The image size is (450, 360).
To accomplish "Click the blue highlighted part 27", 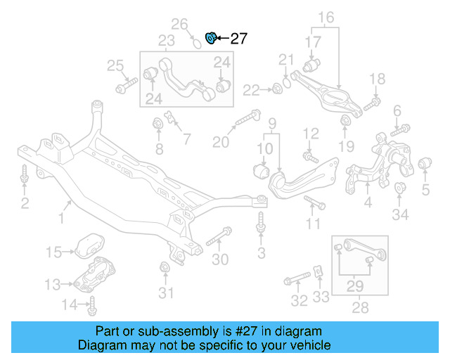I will (x=210, y=37).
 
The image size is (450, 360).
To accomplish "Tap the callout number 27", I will (x=238, y=39).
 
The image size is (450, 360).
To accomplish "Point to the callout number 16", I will (x=327, y=18).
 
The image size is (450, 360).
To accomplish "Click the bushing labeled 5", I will (x=424, y=165).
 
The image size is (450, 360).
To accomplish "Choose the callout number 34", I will (x=400, y=215).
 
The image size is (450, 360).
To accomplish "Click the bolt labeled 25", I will (x=127, y=87).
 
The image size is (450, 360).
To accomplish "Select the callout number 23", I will (x=166, y=41).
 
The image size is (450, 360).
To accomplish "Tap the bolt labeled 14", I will (x=92, y=305).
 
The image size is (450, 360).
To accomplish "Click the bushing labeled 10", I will (x=260, y=170).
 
